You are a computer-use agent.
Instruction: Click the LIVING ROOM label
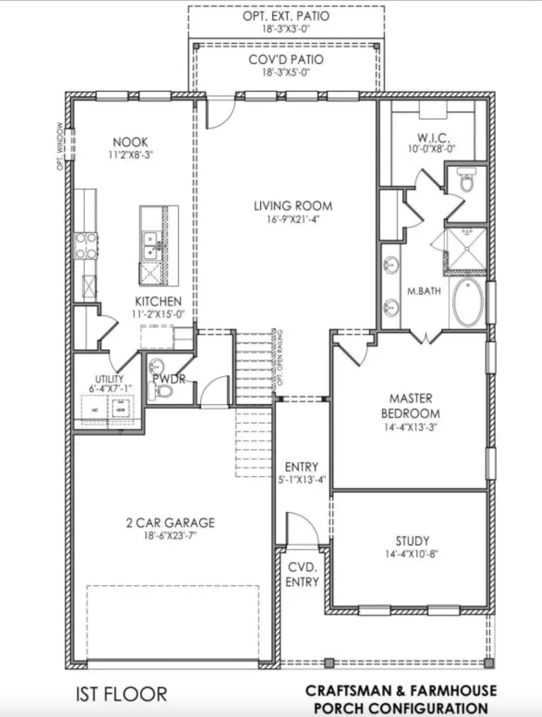(x=293, y=206)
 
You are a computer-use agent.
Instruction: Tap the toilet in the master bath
(x=466, y=180)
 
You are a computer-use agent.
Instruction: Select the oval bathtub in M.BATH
(x=468, y=302)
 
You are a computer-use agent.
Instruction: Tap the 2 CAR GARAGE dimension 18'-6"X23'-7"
(x=170, y=536)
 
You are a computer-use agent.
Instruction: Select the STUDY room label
(x=412, y=541)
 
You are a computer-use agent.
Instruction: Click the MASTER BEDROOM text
(x=410, y=406)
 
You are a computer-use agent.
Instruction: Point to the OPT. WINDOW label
(x=60, y=146)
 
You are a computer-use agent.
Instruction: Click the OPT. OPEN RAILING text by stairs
(x=280, y=358)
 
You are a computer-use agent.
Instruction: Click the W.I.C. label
(x=433, y=138)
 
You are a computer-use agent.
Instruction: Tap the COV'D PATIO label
(x=286, y=60)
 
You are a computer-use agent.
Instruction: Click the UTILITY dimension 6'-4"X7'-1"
(x=110, y=389)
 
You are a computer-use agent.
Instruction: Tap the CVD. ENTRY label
(x=302, y=574)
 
